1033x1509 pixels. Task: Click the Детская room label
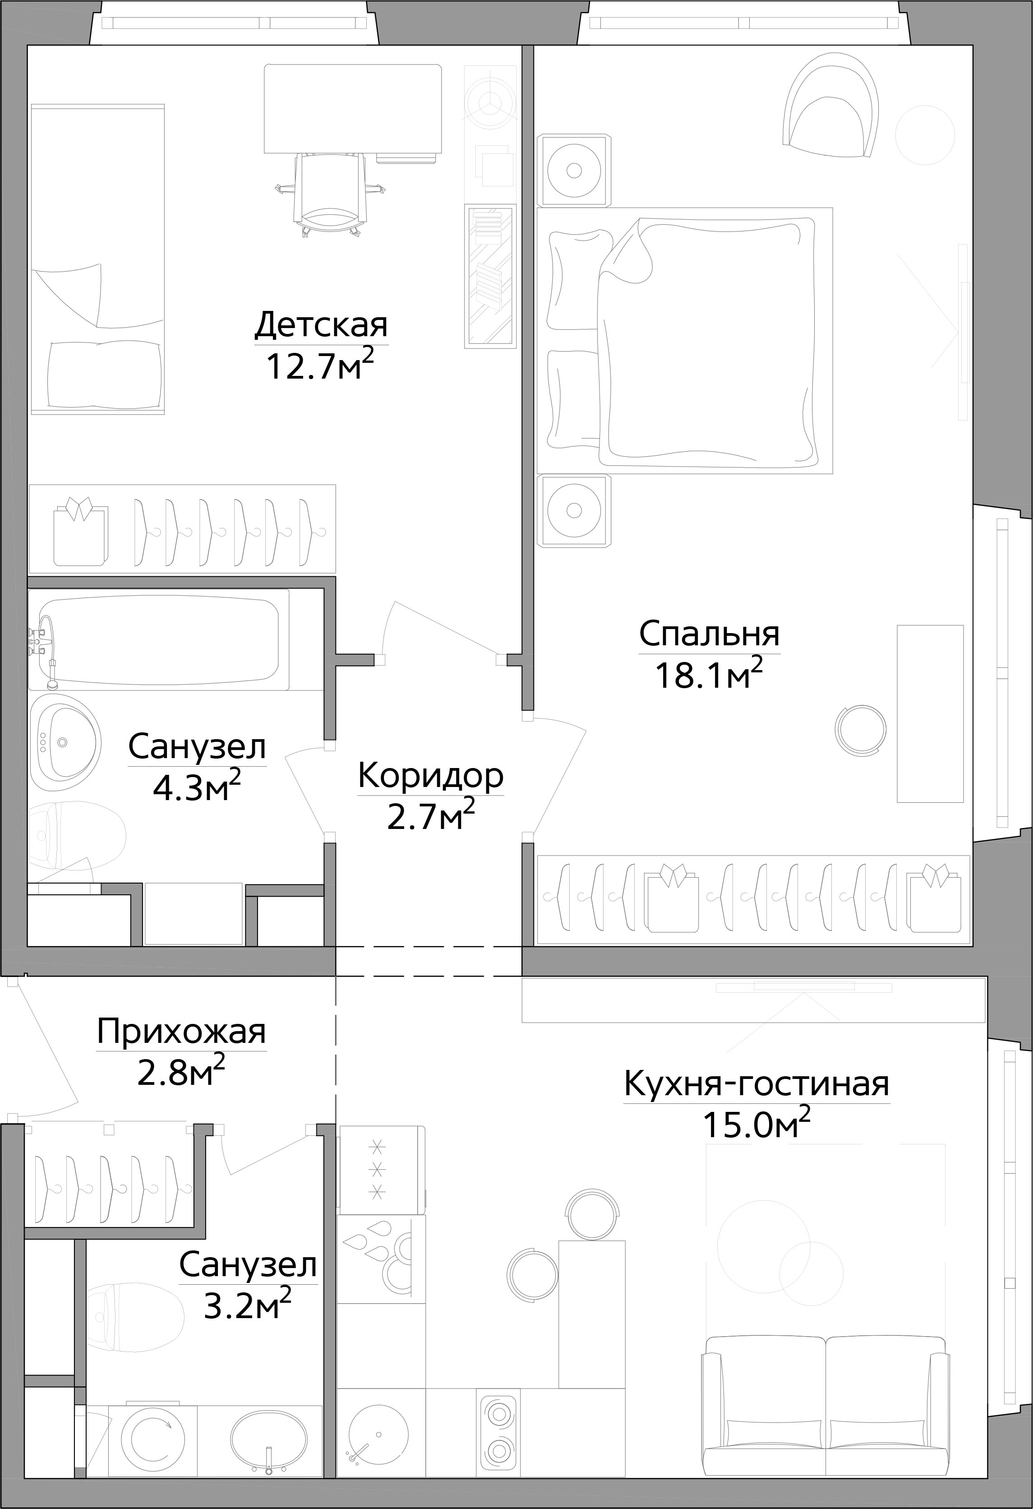pyautogui.click(x=321, y=324)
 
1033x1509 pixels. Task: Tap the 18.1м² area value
pyautogui.click(x=708, y=675)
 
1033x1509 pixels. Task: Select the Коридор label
pyautogui.click(x=430, y=775)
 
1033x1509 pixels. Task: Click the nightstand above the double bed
pyautogui.click(x=574, y=171)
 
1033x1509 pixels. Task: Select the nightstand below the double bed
pyautogui.click(x=574, y=510)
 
